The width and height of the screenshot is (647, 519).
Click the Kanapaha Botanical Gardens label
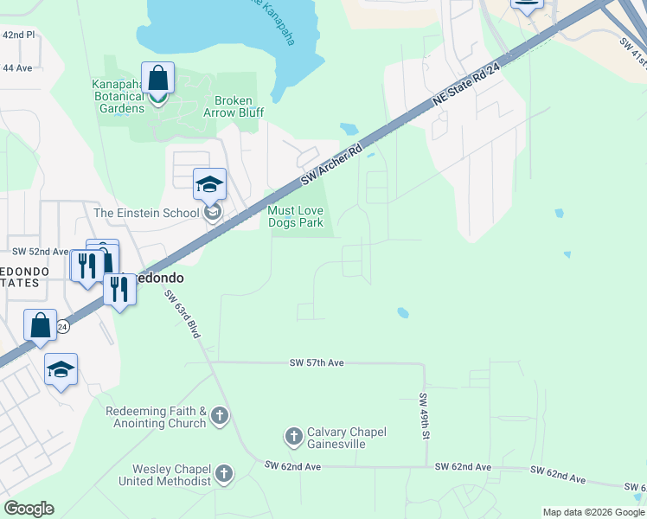point(118,96)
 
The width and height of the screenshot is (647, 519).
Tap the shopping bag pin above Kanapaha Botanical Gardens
point(157,79)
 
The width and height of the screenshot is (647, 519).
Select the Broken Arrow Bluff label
point(234,106)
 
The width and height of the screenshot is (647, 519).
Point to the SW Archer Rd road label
point(330,165)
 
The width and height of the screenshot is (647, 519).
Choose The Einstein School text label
point(146,213)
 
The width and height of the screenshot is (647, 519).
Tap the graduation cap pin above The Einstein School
point(209,184)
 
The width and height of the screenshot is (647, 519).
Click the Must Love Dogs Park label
point(295,217)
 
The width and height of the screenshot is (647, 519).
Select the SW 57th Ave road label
point(317,363)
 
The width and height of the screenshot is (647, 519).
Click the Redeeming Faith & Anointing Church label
point(156,417)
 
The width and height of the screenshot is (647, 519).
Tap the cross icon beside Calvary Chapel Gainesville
point(293,437)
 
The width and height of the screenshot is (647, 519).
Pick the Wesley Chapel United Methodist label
point(164,475)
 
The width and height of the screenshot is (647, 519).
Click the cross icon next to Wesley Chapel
point(224,473)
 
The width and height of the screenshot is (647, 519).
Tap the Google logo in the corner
point(29,509)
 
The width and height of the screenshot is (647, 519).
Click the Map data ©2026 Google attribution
point(593,512)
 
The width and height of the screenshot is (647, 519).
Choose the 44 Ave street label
point(16,67)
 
